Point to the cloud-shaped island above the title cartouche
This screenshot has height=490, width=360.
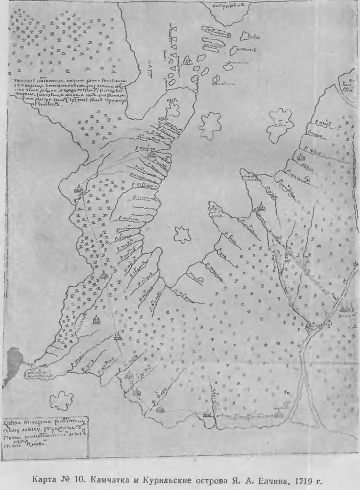[61, 400]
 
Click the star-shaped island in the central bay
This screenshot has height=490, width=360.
[182, 234]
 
